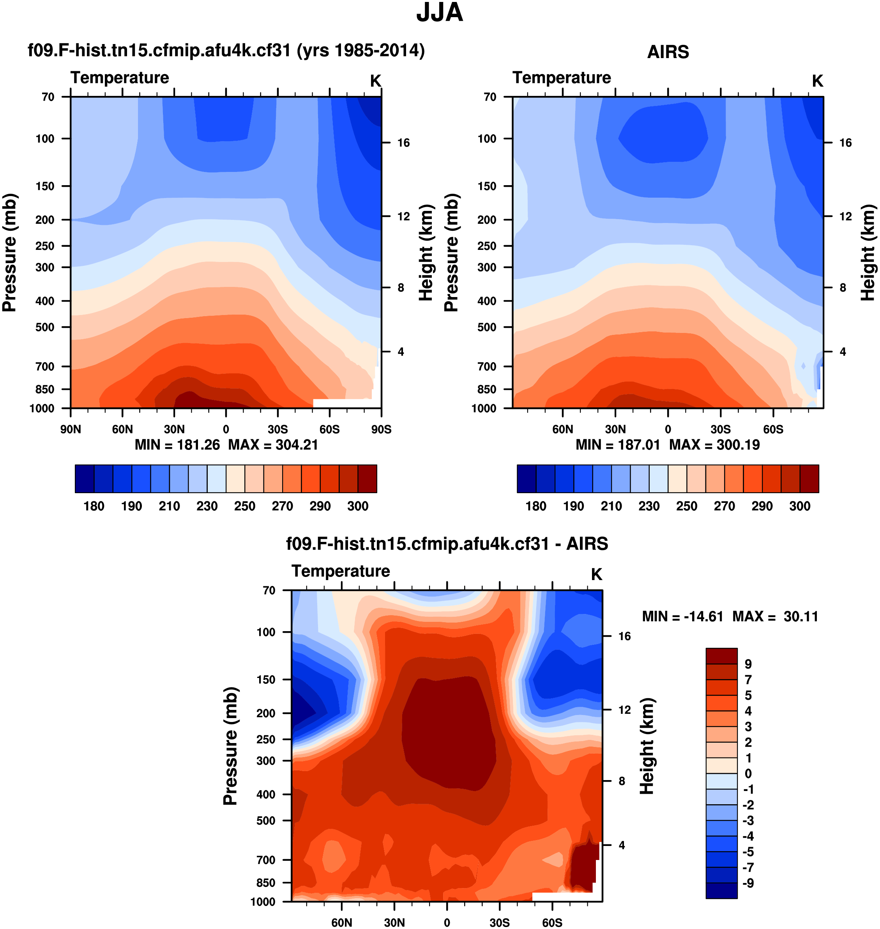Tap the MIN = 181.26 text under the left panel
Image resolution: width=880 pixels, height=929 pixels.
tap(177, 445)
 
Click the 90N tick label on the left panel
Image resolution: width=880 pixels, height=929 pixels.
tap(71, 429)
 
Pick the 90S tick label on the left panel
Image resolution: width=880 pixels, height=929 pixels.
tap(381, 429)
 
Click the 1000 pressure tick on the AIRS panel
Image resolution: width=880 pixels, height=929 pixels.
tap(484, 408)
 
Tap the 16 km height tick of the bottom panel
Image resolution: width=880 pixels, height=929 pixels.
tap(624, 636)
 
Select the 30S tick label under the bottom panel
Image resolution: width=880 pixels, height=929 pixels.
tap(500, 922)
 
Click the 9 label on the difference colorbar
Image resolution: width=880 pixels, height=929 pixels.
tap(748, 664)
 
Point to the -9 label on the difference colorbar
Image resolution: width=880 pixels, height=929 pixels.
tap(748, 883)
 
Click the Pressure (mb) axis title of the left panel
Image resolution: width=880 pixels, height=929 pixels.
tap(9, 253)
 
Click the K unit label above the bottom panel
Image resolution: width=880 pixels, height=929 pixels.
tap(596, 574)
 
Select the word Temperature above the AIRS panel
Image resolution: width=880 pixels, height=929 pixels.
tap(562, 78)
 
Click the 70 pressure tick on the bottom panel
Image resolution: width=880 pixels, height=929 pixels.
tap(269, 590)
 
